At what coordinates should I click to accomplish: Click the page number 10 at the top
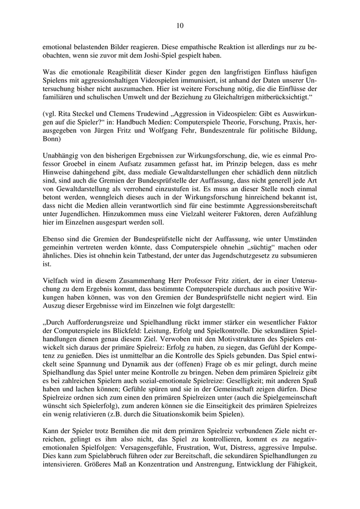click(179, 24)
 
